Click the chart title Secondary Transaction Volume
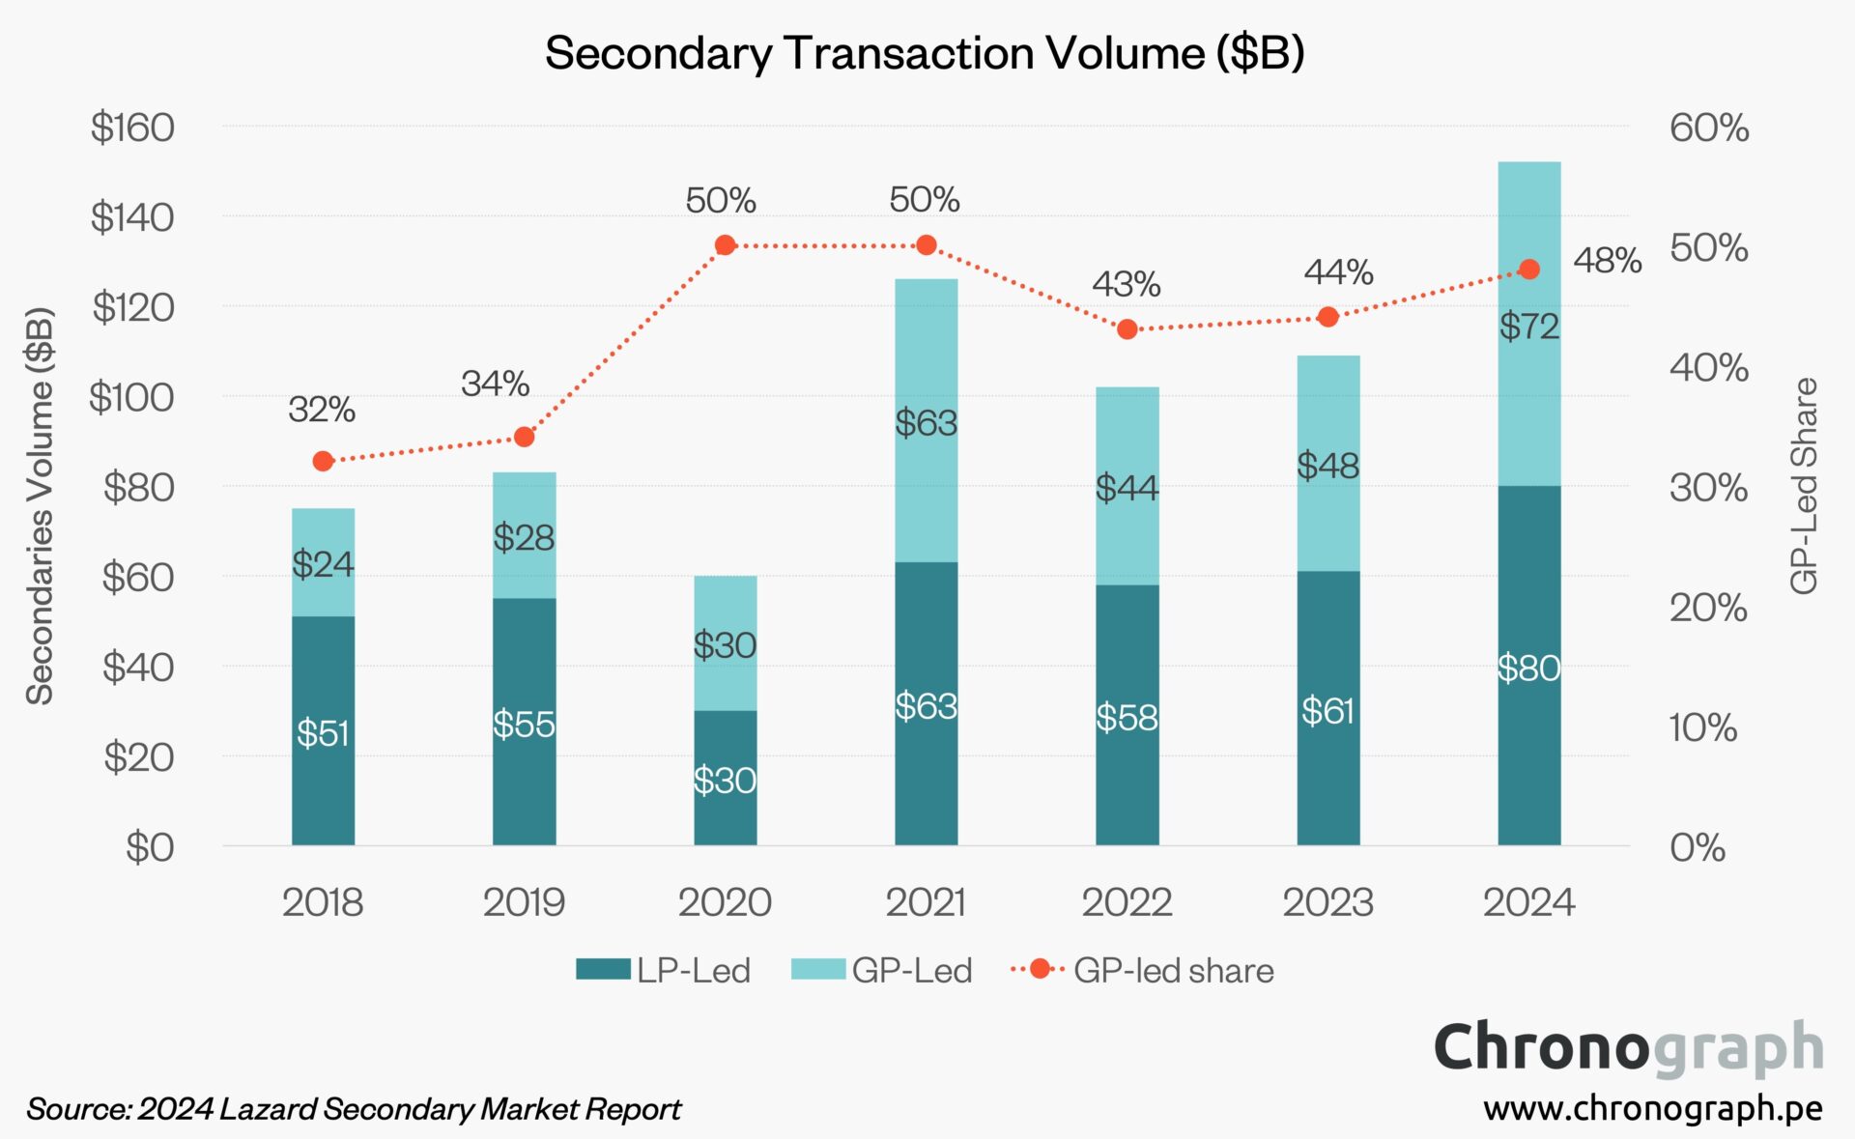pos(925,52)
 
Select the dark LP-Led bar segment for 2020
pos(725,778)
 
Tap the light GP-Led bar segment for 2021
pos(926,420)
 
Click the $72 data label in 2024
pos(1529,327)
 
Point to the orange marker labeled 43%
pos(1127,329)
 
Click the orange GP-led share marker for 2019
pos(524,437)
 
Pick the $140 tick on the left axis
pos(132,217)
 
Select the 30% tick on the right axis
pos(1708,488)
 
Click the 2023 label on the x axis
pos(1327,902)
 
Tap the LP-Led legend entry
pos(665,970)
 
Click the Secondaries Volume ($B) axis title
pos(40,505)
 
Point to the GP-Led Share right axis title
pos(1804,486)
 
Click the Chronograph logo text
pos(1628,1047)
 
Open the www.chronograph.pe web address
pos(1652,1108)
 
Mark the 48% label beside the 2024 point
pos(1607,260)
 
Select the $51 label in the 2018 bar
pos(323,733)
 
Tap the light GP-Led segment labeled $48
pos(1327,465)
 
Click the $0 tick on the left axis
pos(150,847)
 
